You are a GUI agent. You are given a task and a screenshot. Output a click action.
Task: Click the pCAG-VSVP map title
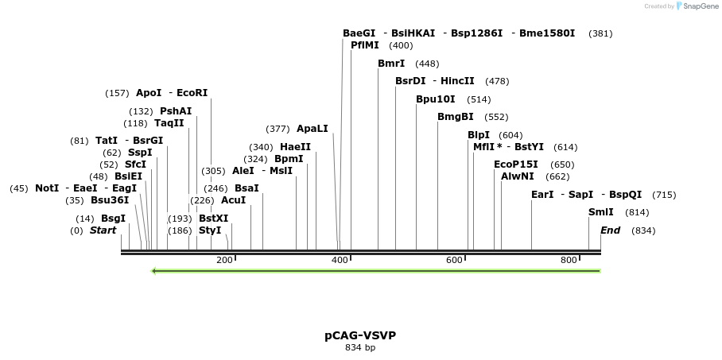(x=360, y=335)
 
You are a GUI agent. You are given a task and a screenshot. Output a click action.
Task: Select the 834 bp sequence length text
(x=360, y=348)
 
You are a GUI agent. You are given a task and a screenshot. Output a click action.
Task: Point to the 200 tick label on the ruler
(x=224, y=261)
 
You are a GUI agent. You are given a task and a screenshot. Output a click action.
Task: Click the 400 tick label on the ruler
(x=340, y=261)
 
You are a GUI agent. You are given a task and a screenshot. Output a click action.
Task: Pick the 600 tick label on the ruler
(x=454, y=261)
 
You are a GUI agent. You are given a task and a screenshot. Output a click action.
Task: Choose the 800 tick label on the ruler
(x=569, y=261)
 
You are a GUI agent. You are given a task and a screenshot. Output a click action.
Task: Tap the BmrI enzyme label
(x=391, y=64)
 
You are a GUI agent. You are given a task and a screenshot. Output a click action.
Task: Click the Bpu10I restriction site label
(x=436, y=99)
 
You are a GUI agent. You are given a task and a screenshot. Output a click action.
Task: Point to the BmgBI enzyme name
(x=455, y=117)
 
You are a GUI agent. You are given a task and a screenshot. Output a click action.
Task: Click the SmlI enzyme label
(x=600, y=212)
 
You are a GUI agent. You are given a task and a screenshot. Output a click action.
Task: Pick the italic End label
(x=610, y=230)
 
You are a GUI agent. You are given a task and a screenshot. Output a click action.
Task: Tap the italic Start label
(x=103, y=230)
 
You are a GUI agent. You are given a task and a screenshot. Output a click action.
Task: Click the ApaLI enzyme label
(x=312, y=129)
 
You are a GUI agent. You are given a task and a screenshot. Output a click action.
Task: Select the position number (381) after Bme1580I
(x=600, y=33)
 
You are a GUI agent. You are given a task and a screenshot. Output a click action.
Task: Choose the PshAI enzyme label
(x=176, y=111)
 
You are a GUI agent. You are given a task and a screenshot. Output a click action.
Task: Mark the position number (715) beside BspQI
(x=664, y=195)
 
